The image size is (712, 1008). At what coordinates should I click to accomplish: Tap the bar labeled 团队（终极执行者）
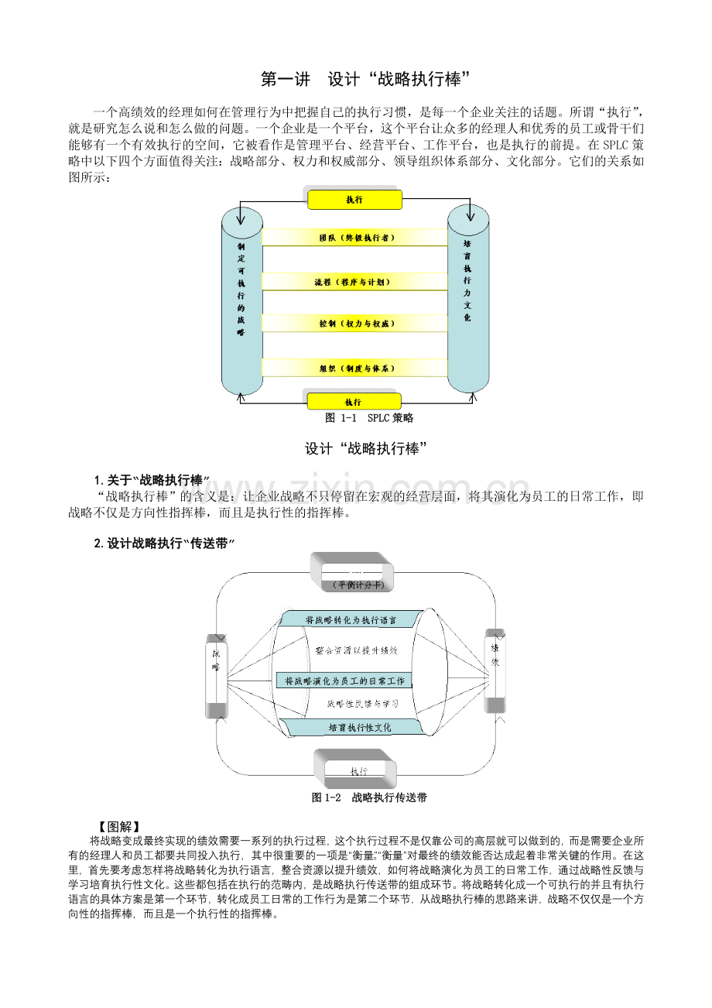[355, 238]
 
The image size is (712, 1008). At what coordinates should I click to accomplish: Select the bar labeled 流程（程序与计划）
[355, 282]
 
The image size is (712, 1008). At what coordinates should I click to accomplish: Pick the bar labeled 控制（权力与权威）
[355, 323]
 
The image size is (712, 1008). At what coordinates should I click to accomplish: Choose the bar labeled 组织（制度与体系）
[355, 369]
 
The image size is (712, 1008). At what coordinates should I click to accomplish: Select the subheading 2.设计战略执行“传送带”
[163, 543]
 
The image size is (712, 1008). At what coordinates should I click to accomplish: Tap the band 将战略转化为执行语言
[351, 619]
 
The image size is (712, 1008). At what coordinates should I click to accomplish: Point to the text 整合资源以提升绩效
[357, 651]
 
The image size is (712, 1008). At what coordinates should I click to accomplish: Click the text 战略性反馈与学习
[362, 704]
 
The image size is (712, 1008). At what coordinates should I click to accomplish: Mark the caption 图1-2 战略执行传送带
[369, 797]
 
